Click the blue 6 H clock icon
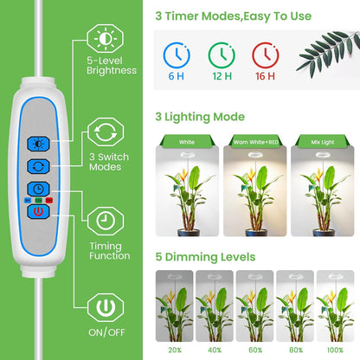click(176, 56)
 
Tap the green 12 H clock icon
click(221, 56)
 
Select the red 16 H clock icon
click(265, 56)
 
